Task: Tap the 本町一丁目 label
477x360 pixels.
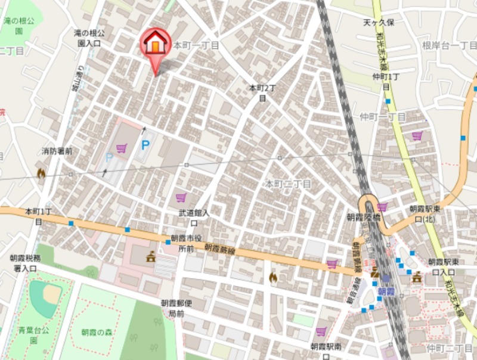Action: click(x=196, y=45)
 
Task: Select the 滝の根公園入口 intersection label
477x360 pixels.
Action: click(x=89, y=38)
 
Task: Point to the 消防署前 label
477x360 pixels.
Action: click(x=57, y=151)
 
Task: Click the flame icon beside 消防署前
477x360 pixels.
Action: click(x=41, y=173)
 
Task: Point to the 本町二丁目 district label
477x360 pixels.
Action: click(x=289, y=184)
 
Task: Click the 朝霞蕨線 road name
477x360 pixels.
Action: click(x=220, y=250)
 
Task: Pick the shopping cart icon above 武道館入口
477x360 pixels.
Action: click(x=181, y=197)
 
